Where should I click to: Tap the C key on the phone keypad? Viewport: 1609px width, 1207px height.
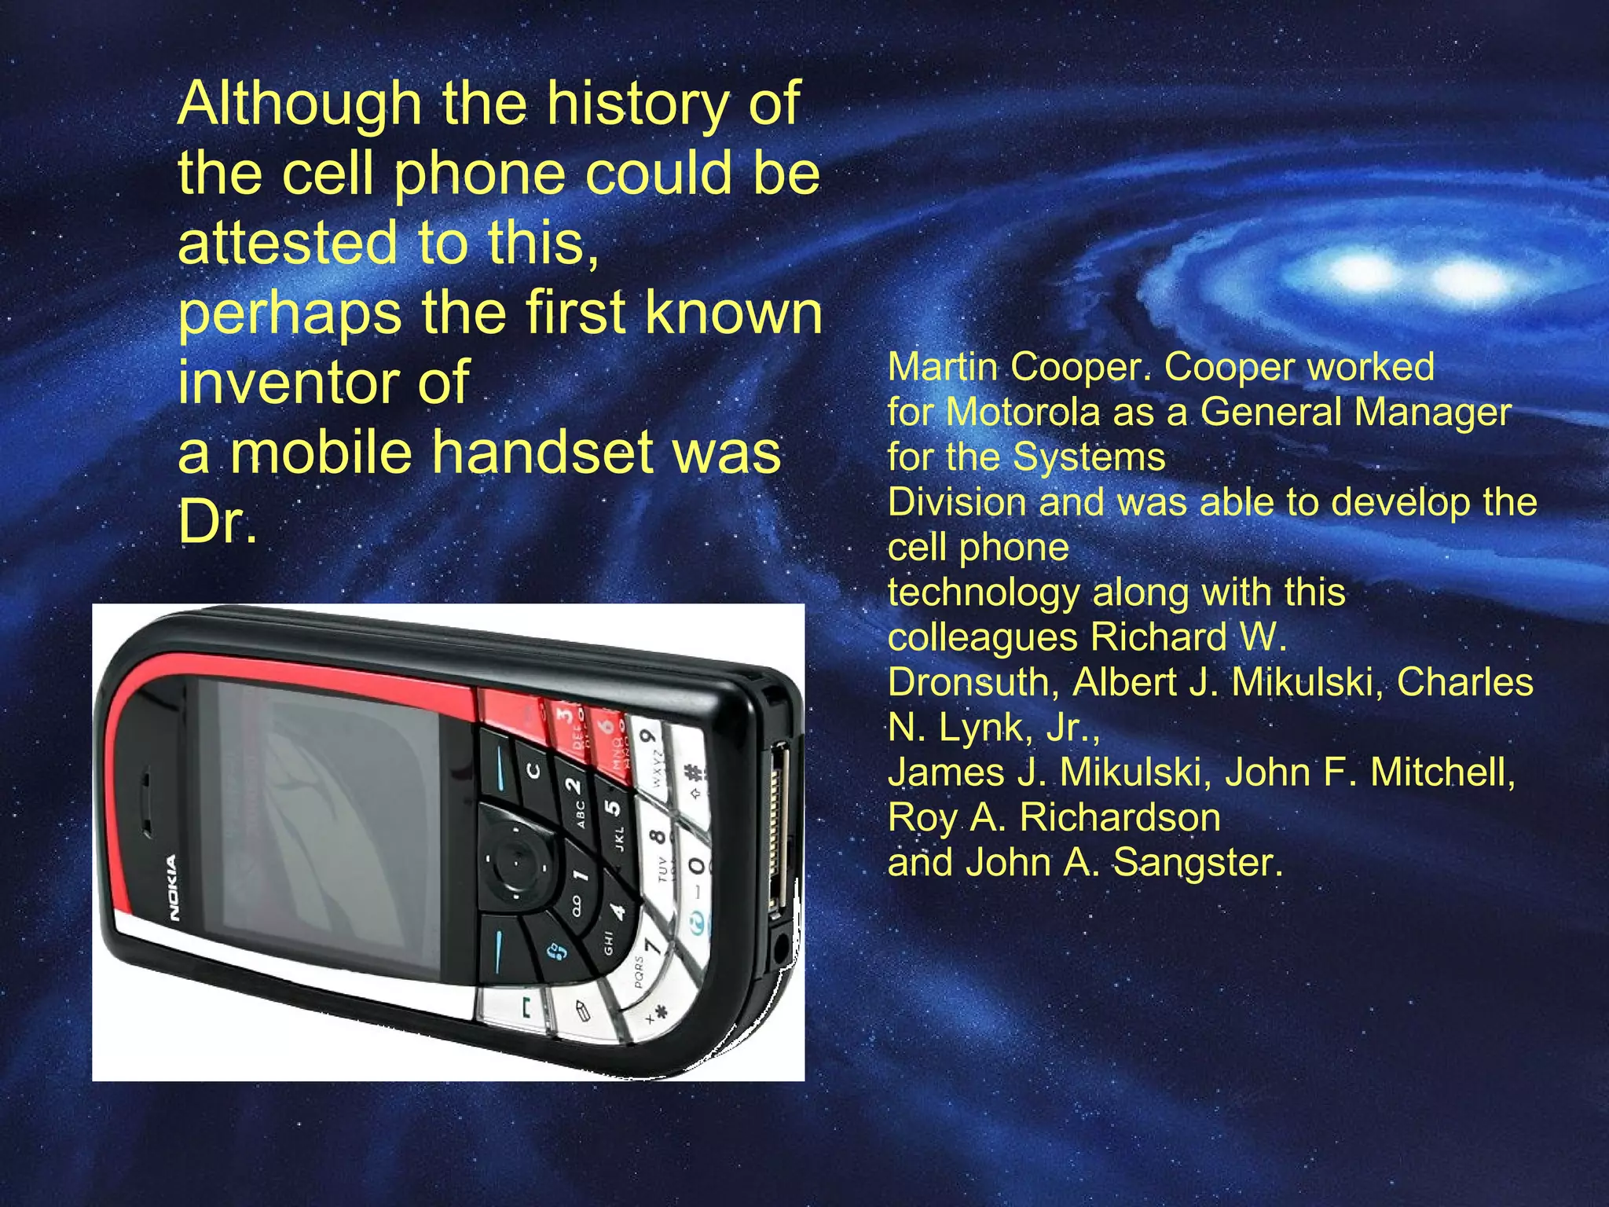point(533,770)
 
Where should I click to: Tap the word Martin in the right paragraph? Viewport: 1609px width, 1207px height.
point(942,367)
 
